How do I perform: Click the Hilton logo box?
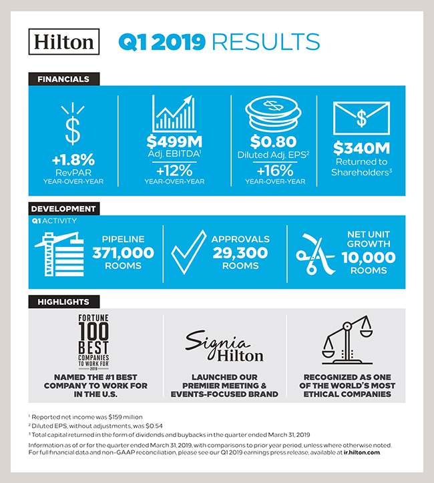[x=65, y=42]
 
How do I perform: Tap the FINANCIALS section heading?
[x=63, y=79]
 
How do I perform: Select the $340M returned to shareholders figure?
[x=361, y=149]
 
